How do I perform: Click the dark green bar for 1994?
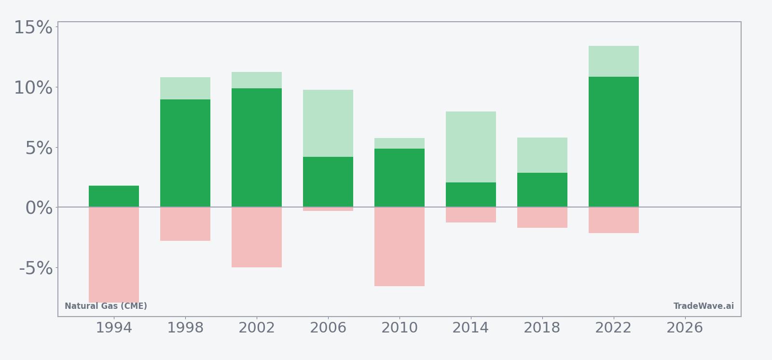(114, 196)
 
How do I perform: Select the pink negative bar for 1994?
(114, 254)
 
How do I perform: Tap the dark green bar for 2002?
(257, 148)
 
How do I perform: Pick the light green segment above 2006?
(328, 123)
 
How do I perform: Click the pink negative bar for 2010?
(400, 247)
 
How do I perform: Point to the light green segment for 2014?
(471, 147)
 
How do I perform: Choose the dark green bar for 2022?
(614, 142)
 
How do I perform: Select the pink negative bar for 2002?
(257, 237)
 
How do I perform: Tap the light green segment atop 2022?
(614, 61)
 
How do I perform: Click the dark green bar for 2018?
(542, 190)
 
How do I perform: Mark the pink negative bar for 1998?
(185, 224)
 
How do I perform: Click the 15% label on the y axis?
(33, 28)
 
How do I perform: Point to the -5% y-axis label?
(36, 268)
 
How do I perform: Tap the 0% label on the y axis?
(39, 208)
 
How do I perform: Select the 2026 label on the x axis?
(685, 328)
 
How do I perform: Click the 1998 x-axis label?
(185, 328)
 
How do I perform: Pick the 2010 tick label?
(400, 328)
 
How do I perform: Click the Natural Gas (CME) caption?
(106, 306)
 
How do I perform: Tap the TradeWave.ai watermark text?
(703, 306)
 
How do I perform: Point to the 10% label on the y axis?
(33, 88)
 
